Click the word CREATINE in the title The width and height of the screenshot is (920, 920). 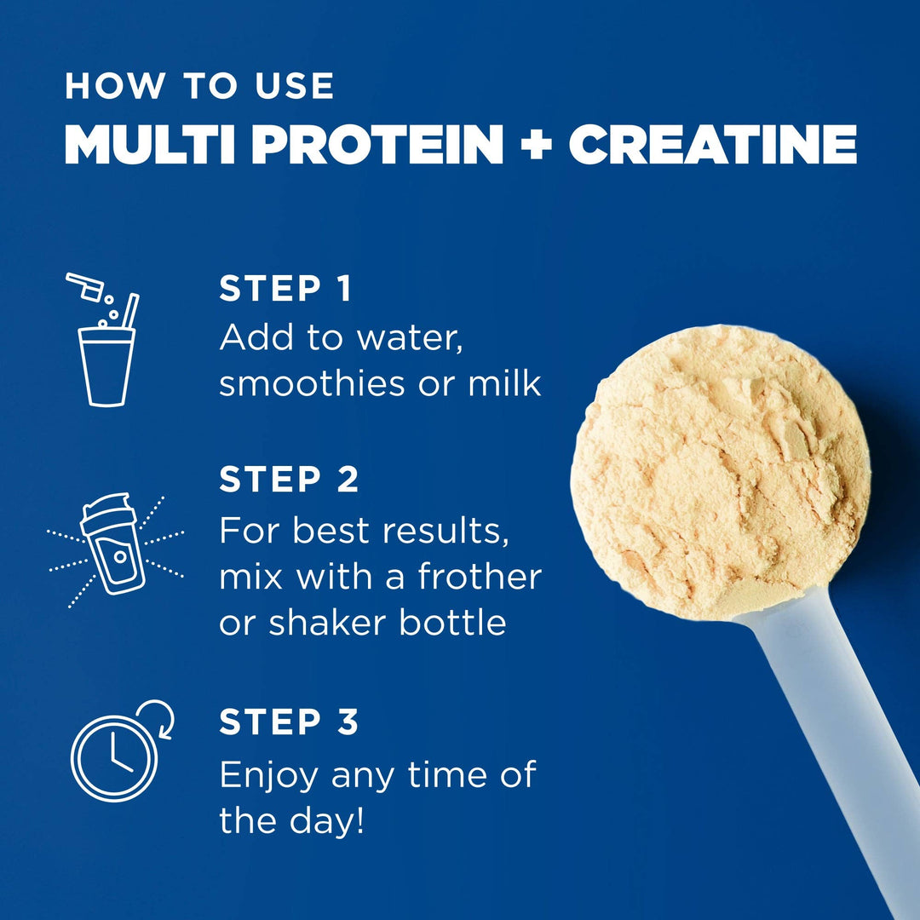(712, 145)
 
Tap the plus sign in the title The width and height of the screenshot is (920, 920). (536, 146)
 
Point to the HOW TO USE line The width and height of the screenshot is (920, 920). (199, 86)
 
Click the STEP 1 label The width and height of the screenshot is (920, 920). (285, 289)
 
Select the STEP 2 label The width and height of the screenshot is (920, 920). (289, 480)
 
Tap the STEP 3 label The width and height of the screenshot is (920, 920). (289, 722)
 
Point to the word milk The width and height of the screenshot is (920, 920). (504, 383)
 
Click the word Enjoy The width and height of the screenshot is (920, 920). (269, 775)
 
